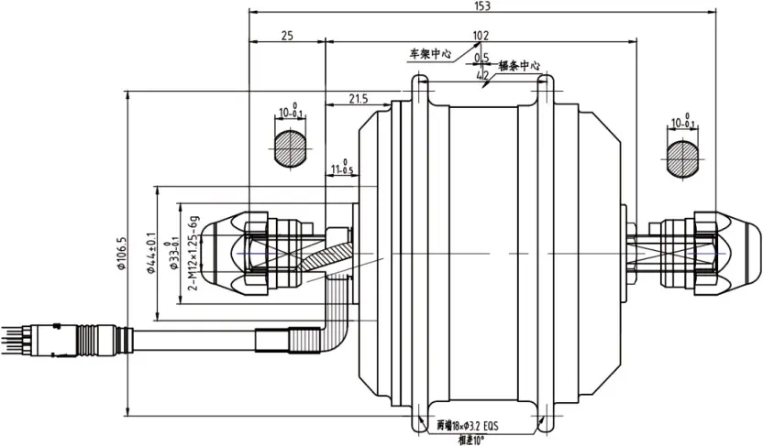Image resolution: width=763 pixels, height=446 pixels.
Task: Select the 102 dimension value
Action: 480,36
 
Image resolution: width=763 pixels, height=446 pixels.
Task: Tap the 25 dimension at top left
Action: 286,36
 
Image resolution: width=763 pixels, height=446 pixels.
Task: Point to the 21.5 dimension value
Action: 358,98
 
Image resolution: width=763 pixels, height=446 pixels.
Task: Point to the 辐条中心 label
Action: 519,67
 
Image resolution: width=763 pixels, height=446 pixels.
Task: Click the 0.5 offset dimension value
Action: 481,59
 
